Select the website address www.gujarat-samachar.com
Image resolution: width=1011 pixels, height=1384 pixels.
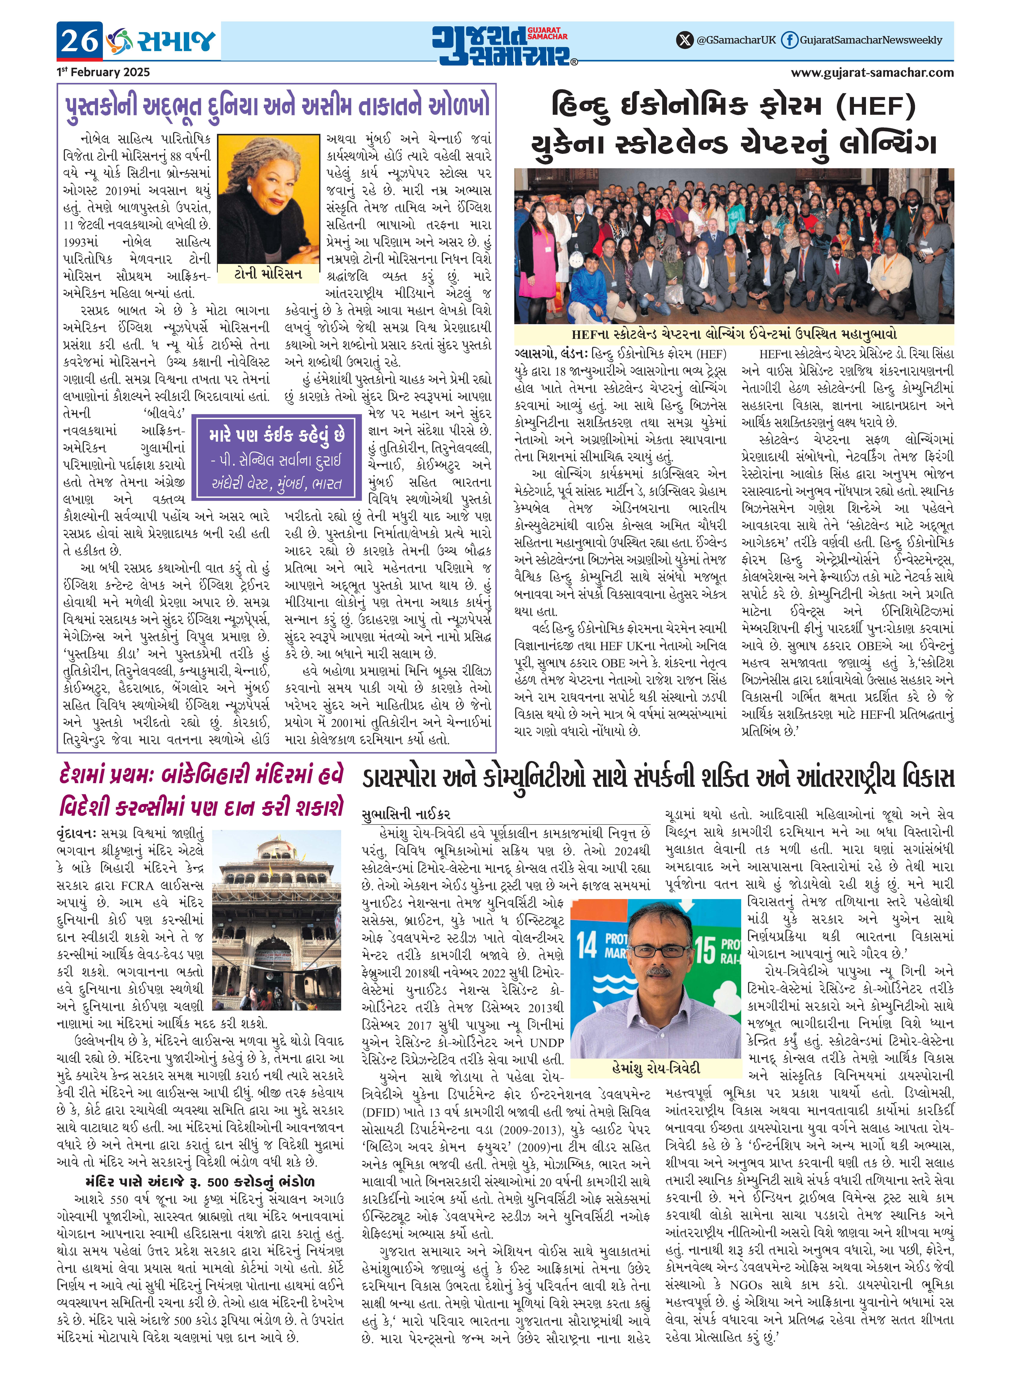tap(872, 72)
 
